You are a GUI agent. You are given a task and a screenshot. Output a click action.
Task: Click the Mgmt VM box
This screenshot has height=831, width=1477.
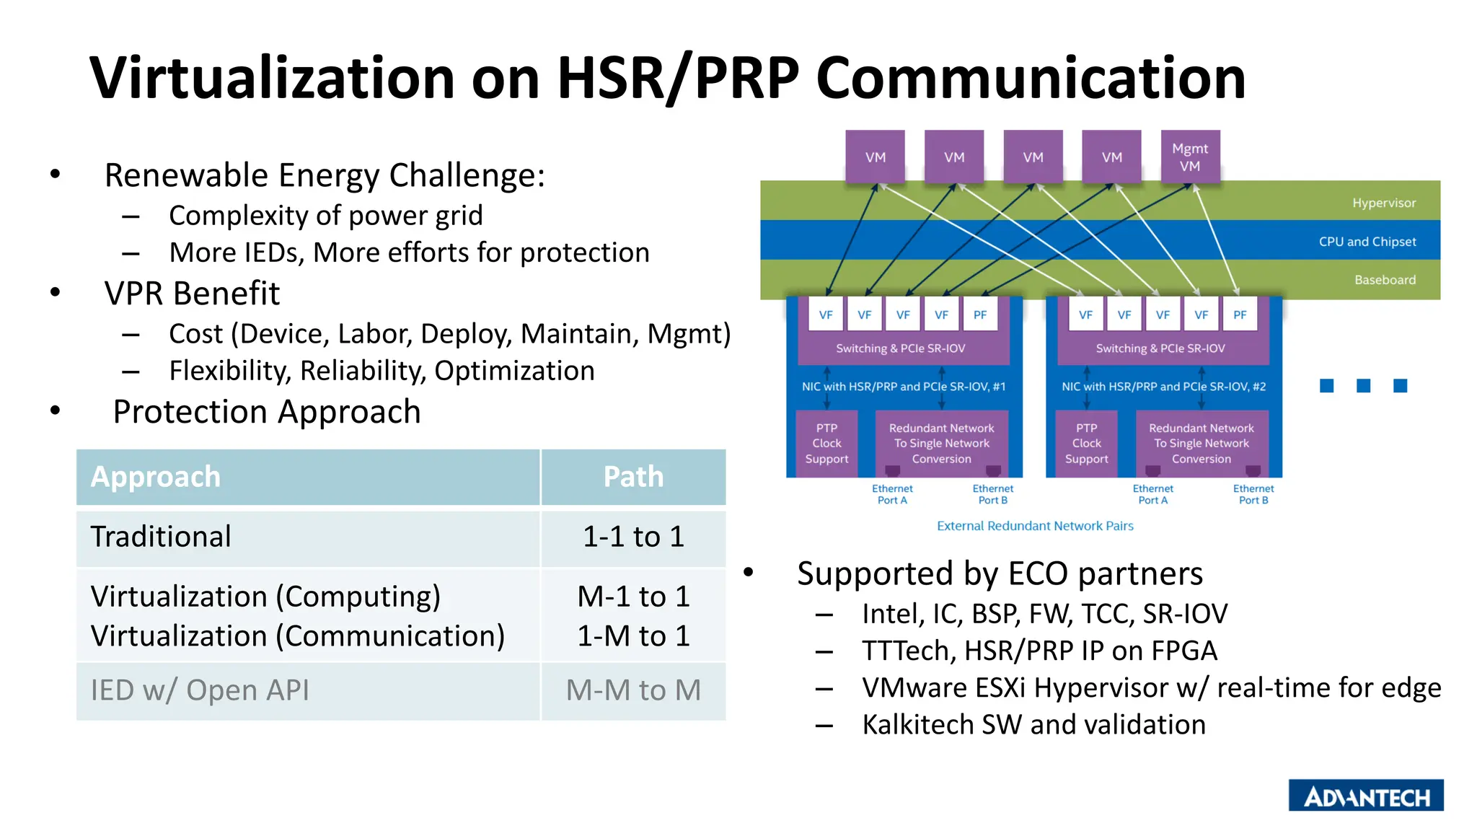[1190, 157]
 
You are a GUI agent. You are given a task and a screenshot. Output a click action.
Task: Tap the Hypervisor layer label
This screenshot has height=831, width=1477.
[1383, 203]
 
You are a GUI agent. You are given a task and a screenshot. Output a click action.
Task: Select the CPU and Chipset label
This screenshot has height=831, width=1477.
[1367, 242]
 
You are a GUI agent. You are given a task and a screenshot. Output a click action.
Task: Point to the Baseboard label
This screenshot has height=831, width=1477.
[1385, 280]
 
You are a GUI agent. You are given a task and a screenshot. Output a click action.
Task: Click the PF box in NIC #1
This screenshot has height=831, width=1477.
[980, 315]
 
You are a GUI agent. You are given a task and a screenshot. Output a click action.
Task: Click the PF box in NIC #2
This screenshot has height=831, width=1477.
[1240, 315]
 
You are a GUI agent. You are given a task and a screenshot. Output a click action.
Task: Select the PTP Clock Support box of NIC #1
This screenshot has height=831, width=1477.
[826, 444]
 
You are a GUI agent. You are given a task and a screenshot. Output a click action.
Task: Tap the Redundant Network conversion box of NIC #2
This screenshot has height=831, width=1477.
[1201, 444]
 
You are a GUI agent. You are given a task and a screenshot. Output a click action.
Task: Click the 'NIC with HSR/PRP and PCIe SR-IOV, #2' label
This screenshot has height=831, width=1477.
[1163, 387]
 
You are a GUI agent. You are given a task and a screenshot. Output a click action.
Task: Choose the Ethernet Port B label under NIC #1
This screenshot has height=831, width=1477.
[992, 494]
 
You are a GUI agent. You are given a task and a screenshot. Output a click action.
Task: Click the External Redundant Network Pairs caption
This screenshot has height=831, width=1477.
[1035, 526]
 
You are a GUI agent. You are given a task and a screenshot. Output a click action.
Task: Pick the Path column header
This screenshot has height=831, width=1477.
[633, 477]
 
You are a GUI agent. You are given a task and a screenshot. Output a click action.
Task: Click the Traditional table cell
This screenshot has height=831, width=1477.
[162, 537]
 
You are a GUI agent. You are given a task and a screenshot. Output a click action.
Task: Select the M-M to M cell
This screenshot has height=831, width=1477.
[633, 690]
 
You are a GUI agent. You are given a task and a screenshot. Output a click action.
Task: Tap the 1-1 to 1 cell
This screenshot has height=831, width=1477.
[633, 537]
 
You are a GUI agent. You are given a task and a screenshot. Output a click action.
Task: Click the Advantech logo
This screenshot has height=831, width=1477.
[1366, 796]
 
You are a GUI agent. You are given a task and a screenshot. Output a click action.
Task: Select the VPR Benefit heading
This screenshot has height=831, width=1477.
[192, 294]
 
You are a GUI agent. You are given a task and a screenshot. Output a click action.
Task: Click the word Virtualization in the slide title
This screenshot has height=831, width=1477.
[272, 78]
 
